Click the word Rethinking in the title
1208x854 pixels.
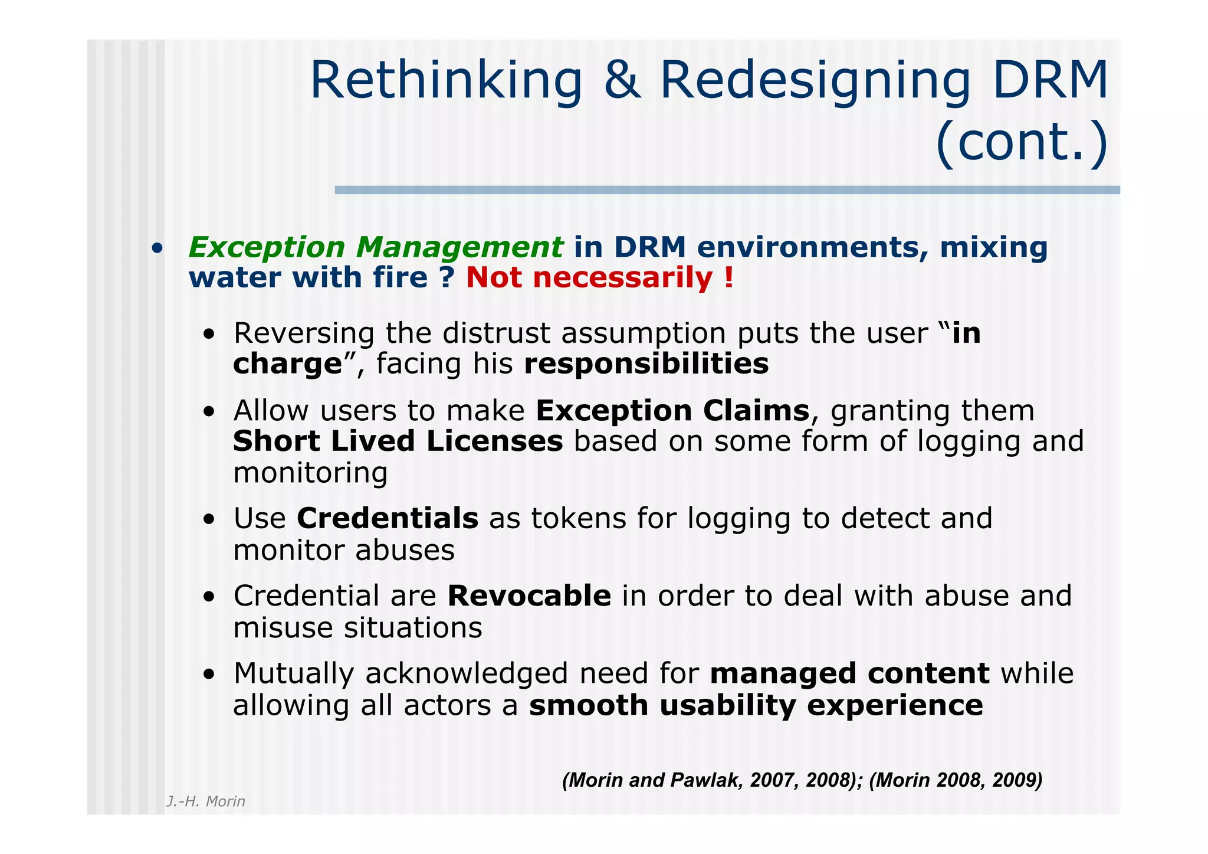point(446,81)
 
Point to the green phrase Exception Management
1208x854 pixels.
point(376,247)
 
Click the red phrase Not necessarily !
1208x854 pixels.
point(600,277)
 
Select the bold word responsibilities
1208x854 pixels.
point(646,364)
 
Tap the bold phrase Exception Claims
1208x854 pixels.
point(672,411)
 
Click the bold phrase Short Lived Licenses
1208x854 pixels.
point(398,441)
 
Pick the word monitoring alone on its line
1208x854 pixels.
point(310,473)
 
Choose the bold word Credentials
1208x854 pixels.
point(388,519)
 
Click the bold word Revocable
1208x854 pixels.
point(529,596)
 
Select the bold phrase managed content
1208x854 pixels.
point(850,674)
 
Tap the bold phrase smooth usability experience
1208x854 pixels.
point(756,705)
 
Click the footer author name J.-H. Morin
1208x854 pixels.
point(205,801)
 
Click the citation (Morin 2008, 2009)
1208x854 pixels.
point(956,780)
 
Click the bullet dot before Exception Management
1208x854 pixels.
point(156,248)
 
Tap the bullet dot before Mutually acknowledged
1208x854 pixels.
point(209,675)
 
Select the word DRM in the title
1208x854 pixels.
point(1051,81)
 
